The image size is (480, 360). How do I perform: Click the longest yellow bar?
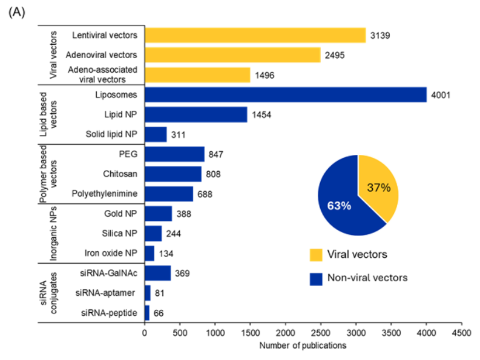click(x=255, y=35)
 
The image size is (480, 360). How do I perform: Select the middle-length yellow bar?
click(x=232, y=55)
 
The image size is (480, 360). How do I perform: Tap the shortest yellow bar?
click(x=198, y=75)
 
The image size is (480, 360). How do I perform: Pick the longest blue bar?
click(x=286, y=95)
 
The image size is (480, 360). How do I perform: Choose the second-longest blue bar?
click(x=196, y=114)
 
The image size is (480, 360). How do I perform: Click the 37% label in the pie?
click(x=379, y=188)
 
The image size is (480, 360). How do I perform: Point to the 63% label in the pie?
click(x=339, y=206)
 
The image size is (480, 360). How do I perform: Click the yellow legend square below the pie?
click(x=316, y=255)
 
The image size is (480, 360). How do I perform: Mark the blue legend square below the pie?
click(x=316, y=279)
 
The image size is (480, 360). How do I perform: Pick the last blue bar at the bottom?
click(x=148, y=313)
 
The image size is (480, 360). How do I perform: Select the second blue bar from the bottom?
click(x=148, y=293)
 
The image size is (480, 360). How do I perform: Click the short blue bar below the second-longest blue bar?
click(x=156, y=134)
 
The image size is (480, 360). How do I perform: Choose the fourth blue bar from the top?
click(x=175, y=154)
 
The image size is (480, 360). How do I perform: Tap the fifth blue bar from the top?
click(x=173, y=174)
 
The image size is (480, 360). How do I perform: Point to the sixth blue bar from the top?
click(x=169, y=194)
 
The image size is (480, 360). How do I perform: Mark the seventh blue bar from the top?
click(x=159, y=214)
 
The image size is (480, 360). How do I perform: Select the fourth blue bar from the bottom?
click(x=150, y=254)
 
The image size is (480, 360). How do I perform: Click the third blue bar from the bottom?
click(x=158, y=273)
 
